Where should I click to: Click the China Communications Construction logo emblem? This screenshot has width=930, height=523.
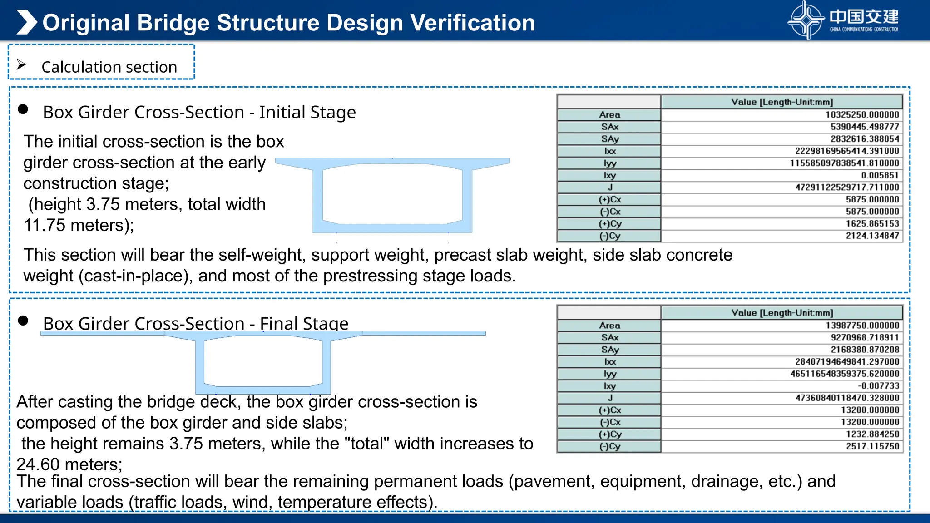tap(806, 20)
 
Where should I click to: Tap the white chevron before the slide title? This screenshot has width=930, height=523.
tap(27, 22)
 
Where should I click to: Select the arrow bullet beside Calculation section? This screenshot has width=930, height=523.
tap(21, 65)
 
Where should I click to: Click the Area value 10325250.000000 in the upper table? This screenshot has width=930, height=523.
tap(862, 115)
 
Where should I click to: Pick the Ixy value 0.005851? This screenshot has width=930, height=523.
tap(880, 175)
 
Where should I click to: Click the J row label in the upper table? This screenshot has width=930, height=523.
tap(610, 187)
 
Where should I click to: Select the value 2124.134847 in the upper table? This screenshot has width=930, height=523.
tap(872, 236)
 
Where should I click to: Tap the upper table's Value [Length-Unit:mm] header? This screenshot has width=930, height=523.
tap(782, 102)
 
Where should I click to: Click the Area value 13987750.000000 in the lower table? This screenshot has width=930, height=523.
tap(862, 326)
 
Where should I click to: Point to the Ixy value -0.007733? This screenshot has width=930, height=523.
tap(878, 386)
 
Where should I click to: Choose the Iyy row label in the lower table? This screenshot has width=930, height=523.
tap(610, 374)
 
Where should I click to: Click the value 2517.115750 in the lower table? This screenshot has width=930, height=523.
tap(872, 446)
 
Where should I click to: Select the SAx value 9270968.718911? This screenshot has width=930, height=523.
tap(865, 338)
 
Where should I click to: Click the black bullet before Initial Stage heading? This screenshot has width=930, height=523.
tap(23, 109)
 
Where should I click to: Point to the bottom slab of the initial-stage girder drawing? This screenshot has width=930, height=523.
tap(392, 228)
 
